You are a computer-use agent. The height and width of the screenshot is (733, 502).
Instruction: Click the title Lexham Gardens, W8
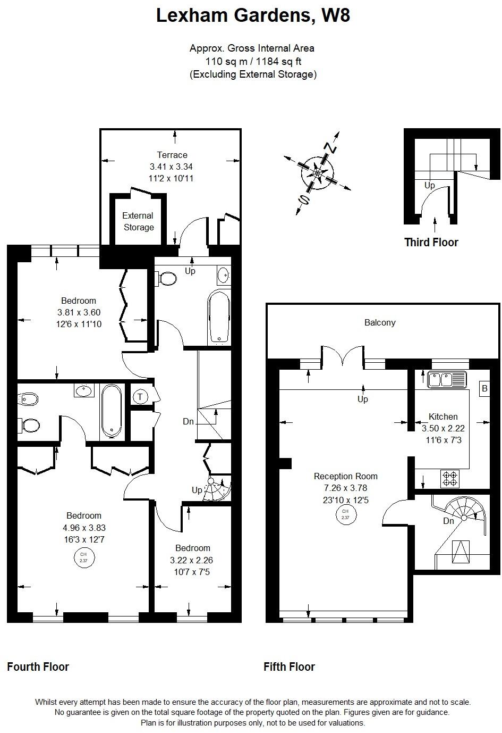coord(253,16)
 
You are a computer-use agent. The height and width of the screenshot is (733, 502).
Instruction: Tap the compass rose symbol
coord(318,173)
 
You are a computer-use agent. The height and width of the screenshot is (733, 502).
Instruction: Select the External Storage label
coord(138,221)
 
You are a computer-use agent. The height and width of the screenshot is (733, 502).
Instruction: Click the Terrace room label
coord(172,155)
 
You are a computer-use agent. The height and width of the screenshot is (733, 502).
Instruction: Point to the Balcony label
coord(380,322)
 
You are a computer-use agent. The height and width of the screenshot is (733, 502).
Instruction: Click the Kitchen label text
coord(443,417)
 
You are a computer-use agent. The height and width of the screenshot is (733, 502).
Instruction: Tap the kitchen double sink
coord(446,379)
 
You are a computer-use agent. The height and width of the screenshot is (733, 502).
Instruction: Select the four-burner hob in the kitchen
coord(450,479)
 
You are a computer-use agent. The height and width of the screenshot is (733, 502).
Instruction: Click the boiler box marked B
coord(484,388)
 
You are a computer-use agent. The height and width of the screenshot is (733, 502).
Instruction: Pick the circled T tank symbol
coord(140,396)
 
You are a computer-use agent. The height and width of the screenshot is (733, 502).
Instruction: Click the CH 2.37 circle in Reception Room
coord(345,514)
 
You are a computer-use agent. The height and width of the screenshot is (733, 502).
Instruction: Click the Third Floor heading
coord(431,243)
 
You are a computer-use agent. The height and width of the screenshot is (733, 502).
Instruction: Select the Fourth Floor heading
coord(38,667)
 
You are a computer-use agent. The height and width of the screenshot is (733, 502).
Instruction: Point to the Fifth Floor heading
coord(289,667)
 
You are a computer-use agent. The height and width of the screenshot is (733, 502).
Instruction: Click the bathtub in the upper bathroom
coord(219,316)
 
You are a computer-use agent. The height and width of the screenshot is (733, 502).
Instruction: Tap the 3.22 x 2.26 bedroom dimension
coord(191,560)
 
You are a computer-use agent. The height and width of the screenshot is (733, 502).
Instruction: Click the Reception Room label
coord(345,476)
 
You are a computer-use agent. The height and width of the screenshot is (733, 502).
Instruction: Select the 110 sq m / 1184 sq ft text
coord(253,61)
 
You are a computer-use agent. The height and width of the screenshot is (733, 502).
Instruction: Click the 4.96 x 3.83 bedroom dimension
coord(84,528)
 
